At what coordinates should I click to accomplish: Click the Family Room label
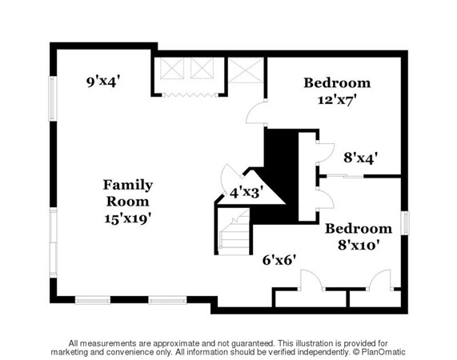(128, 193)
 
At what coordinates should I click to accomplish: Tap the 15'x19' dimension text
(128, 218)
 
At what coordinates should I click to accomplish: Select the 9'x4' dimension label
(103, 82)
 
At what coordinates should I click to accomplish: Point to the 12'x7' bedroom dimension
(337, 100)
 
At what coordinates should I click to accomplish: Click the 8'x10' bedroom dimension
(359, 245)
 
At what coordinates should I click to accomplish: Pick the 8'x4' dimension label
(361, 158)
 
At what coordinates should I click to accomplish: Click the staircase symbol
(234, 231)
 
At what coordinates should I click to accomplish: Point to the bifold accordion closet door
(190, 95)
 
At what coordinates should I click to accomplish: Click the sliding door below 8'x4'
(345, 176)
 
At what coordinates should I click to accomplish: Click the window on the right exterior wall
(405, 223)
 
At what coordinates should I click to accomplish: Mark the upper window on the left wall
(53, 98)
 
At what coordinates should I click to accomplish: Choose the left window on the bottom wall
(93, 300)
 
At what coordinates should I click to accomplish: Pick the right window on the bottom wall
(167, 300)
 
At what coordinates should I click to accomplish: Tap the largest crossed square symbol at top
(246, 70)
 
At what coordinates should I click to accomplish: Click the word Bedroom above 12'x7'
(337, 82)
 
